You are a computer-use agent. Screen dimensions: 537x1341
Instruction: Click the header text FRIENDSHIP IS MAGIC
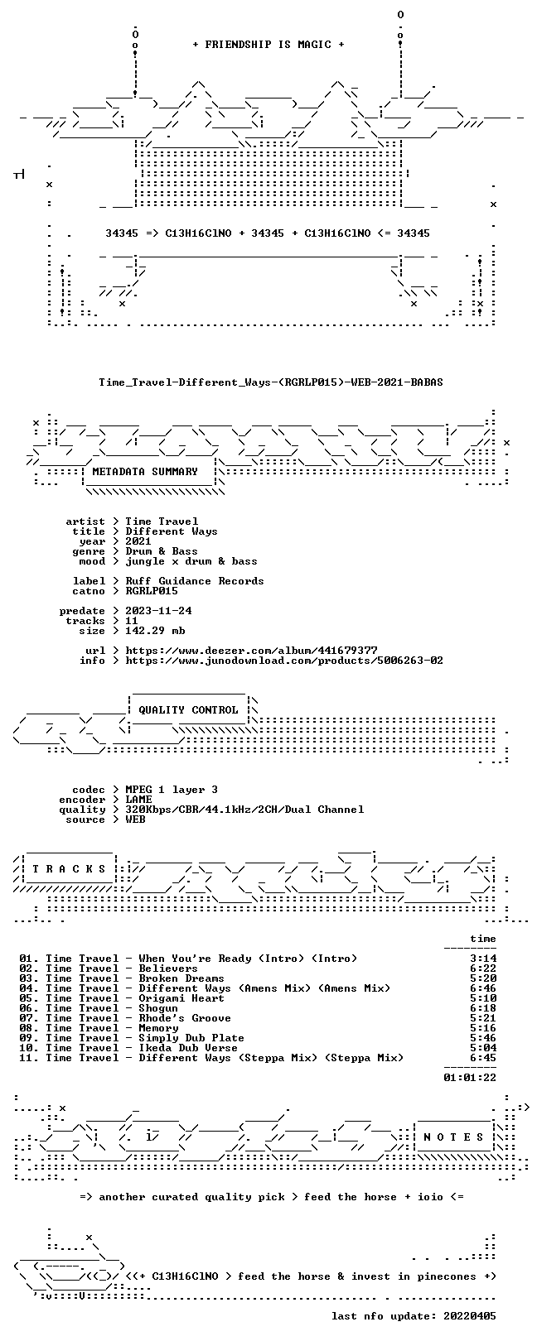(x=268, y=45)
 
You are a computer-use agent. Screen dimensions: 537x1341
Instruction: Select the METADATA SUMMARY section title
(x=145, y=472)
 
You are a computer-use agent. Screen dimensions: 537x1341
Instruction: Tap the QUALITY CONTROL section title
(x=188, y=710)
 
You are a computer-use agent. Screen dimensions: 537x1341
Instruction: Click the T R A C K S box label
(x=69, y=868)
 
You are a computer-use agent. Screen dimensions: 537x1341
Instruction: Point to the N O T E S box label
(x=453, y=1137)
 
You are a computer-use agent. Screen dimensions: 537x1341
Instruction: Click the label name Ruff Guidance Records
(x=194, y=581)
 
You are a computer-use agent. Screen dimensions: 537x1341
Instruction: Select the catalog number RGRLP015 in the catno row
(x=152, y=591)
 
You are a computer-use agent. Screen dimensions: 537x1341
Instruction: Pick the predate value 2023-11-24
(x=158, y=611)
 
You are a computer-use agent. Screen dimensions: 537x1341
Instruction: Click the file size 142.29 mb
(x=155, y=631)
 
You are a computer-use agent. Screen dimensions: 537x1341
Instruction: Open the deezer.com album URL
(x=251, y=651)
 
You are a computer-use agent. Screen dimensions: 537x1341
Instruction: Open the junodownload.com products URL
(x=284, y=661)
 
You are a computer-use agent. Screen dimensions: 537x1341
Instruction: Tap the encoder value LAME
(x=138, y=800)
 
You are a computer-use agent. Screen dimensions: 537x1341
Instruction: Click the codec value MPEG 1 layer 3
(x=172, y=790)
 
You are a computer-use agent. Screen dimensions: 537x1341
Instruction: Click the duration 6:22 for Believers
(x=483, y=968)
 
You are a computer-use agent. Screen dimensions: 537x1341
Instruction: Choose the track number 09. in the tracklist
(x=28, y=1038)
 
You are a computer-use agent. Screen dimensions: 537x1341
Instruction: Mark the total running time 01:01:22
(x=470, y=1078)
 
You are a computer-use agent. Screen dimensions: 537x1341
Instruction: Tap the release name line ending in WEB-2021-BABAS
(x=271, y=382)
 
